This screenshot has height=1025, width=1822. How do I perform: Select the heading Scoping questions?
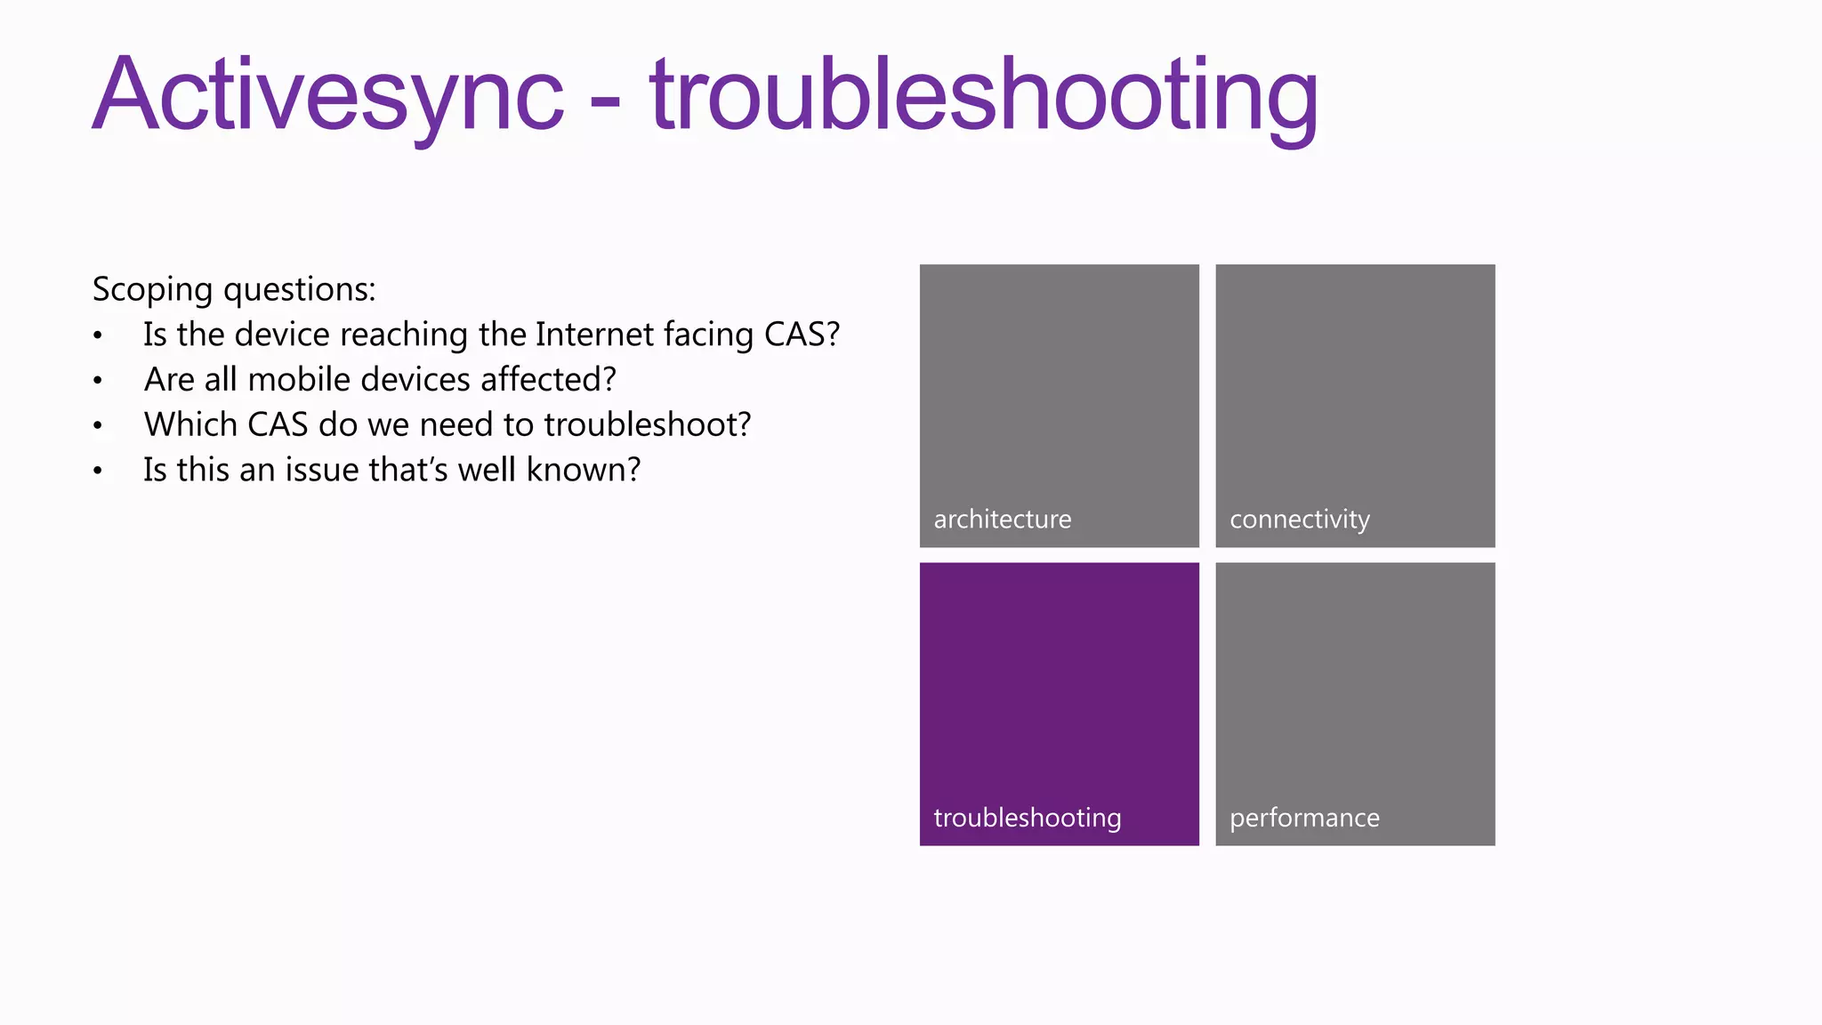point(234,289)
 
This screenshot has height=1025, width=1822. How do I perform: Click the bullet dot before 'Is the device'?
point(98,336)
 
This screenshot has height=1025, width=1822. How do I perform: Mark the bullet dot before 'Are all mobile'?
point(98,382)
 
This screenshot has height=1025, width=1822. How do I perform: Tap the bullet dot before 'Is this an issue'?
point(98,472)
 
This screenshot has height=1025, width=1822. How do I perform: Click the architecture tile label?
point(1003,519)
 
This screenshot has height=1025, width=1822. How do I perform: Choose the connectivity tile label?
point(1300,519)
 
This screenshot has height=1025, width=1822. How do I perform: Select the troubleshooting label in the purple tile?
point(1028,818)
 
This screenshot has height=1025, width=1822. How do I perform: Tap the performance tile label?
point(1304,818)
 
